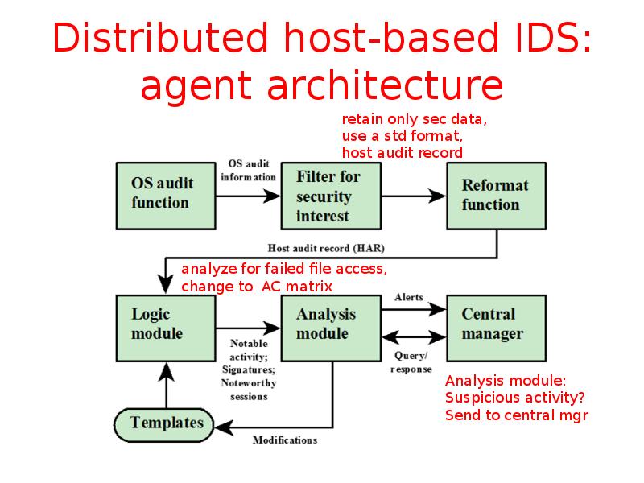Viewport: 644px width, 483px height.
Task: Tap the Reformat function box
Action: (496, 196)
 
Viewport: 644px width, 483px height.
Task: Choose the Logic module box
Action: (165, 324)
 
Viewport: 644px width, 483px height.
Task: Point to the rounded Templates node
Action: (167, 423)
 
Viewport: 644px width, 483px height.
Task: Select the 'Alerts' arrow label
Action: (409, 297)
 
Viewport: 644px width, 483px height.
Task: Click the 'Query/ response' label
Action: (411, 362)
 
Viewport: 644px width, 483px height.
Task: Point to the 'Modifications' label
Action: (285, 440)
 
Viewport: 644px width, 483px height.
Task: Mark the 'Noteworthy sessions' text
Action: (248, 390)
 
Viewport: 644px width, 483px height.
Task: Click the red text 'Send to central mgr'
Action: (517, 415)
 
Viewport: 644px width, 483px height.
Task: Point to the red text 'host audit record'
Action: (402, 152)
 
